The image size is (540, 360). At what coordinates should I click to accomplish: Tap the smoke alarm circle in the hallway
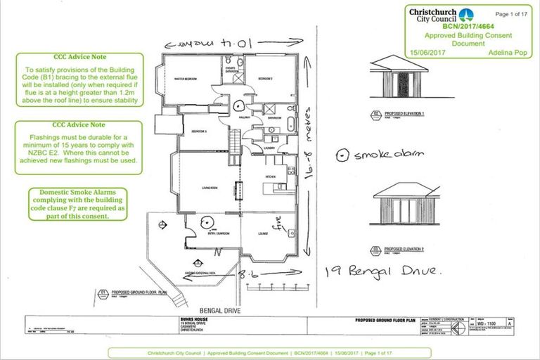click(x=239, y=107)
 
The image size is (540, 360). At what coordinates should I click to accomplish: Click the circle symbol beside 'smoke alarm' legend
click(x=342, y=155)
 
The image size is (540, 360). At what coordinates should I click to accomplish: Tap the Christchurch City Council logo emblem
click(x=465, y=15)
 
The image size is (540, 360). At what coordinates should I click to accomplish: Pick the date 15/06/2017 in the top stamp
click(x=430, y=52)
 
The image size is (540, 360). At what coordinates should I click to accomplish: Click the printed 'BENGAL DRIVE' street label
click(x=221, y=309)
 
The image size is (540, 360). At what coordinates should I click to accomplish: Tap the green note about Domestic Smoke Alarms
click(x=77, y=204)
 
